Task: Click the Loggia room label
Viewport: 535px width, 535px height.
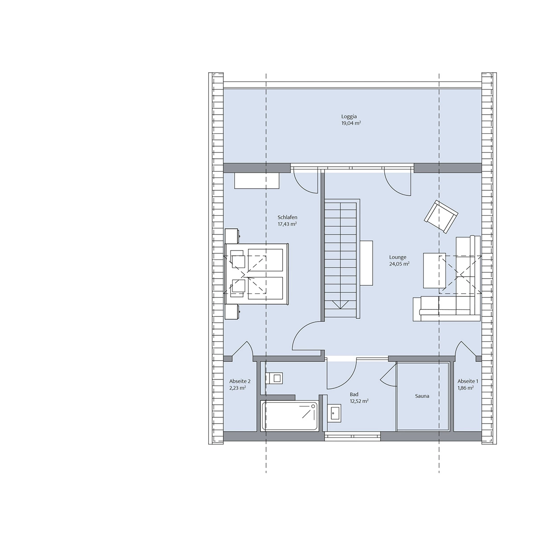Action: pyautogui.click(x=349, y=117)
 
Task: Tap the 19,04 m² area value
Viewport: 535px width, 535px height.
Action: pyautogui.click(x=351, y=123)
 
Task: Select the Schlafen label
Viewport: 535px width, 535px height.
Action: pyautogui.click(x=288, y=218)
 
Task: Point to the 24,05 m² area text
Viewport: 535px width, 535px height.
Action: pyautogui.click(x=399, y=264)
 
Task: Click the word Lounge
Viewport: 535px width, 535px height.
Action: pyautogui.click(x=398, y=257)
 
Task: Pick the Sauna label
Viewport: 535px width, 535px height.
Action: pyautogui.click(x=422, y=396)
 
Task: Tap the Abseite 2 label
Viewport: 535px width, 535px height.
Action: pyautogui.click(x=240, y=382)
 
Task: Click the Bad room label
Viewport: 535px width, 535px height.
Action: pyautogui.click(x=354, y=394)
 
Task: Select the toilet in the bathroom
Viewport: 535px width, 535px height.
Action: pyautogui.click(x=275, y=378)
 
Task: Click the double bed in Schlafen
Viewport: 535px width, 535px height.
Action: pyautogui.click(x=257, y=274)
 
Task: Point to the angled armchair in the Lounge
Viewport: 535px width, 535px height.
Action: pyautogui.click(x=441, y=217)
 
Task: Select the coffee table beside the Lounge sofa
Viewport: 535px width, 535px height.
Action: pyautogui.click(x=434, y=271)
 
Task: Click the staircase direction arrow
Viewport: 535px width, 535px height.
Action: pyautogui.click(x=340, y=305)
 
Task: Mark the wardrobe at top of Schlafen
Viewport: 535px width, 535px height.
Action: pyautogui.click(x=256, y=181)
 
